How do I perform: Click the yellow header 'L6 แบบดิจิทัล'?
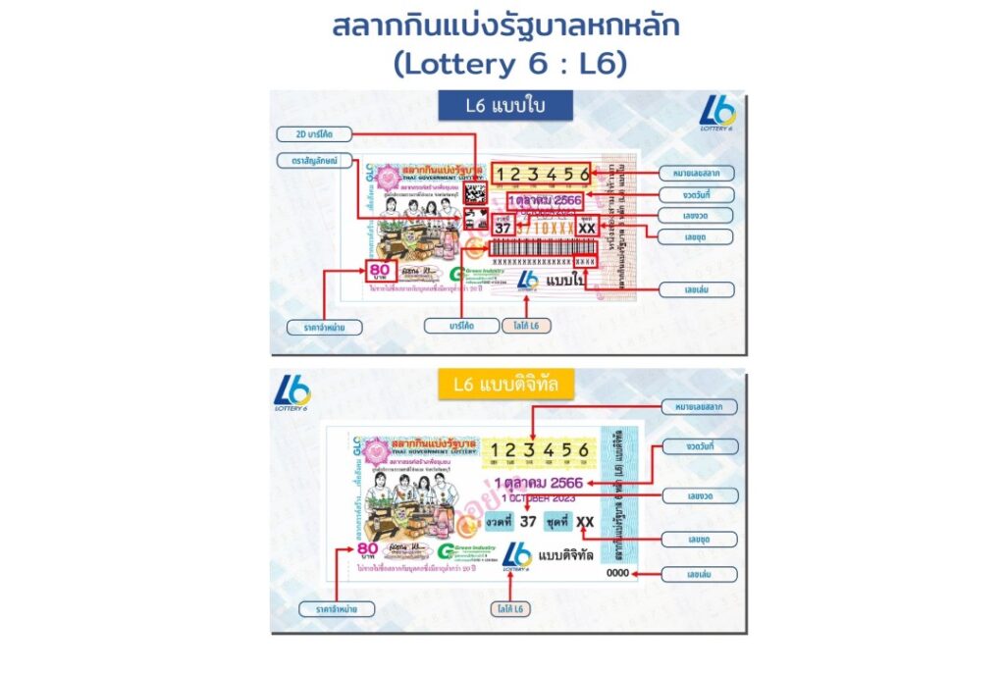coord(505,386)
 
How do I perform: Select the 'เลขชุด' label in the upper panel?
coord(697,236)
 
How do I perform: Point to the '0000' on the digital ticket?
coord(617,572)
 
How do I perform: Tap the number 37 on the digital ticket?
coord(528,521)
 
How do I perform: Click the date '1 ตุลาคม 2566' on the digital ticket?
coord(538,484)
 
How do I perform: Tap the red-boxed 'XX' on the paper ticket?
coord(586,228)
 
